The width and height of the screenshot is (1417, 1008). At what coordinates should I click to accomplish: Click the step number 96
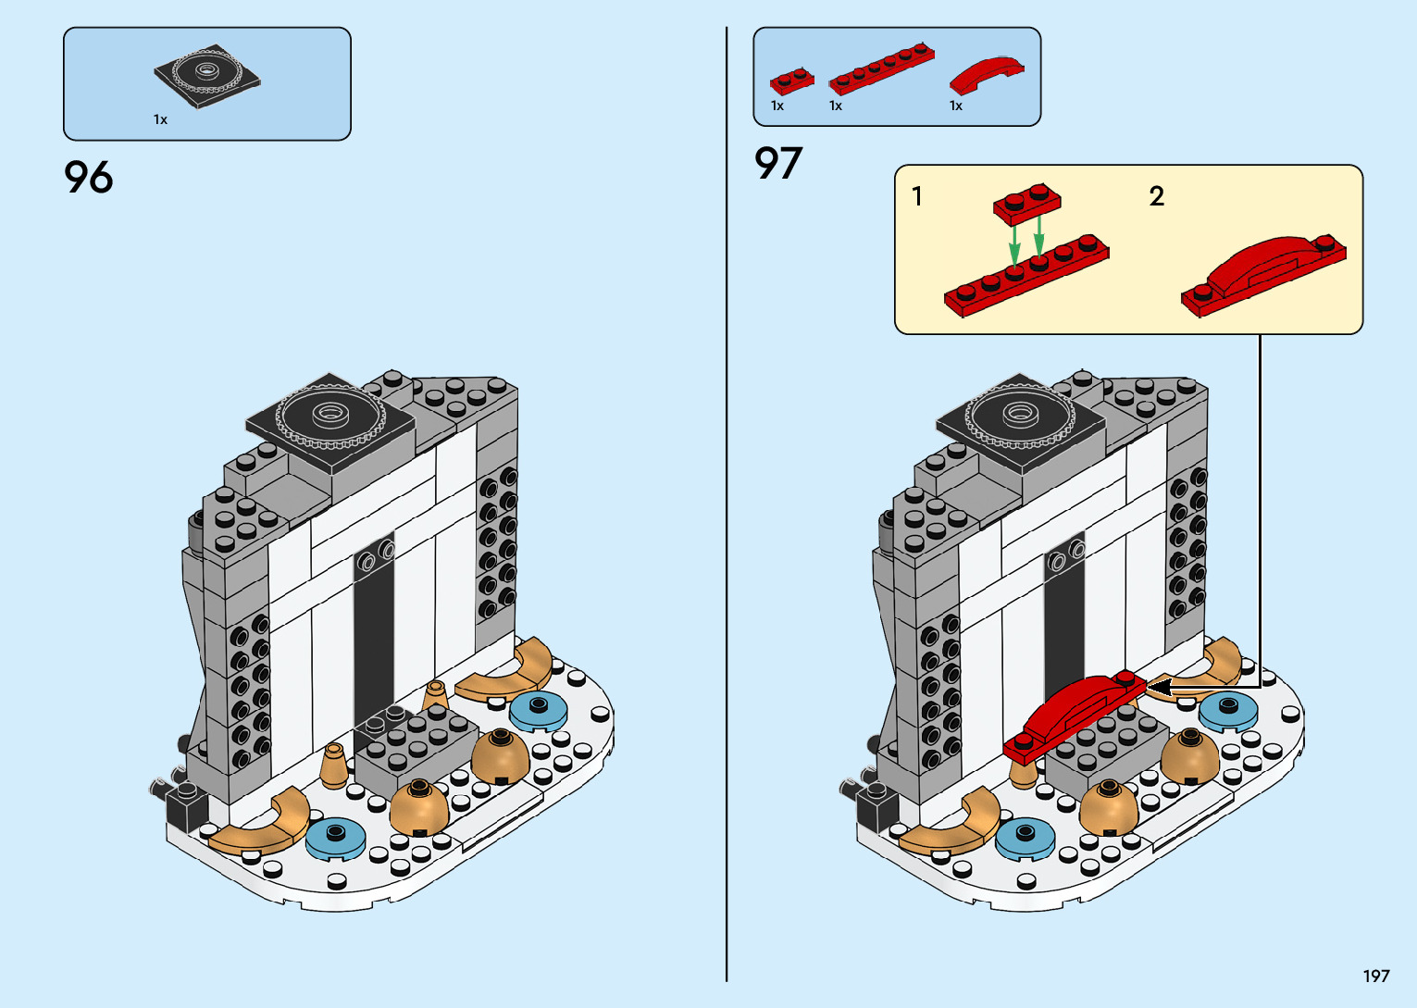click(89, 177)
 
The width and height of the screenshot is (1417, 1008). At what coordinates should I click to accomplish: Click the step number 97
click(778, 164)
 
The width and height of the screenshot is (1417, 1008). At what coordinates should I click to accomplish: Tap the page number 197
click(1375, 976)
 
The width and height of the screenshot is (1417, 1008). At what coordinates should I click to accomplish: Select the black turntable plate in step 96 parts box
click(206, 76)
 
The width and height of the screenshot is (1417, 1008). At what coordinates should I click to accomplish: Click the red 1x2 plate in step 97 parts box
click(791, 81)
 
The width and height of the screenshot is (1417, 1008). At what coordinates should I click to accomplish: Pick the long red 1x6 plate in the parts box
click(881, 68)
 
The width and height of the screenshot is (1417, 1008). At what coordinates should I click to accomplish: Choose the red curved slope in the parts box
click(987, 74)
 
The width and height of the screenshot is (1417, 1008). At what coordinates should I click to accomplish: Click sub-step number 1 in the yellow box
click(916, 196)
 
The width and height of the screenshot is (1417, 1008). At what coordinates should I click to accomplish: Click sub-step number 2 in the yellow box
click(1156, 196)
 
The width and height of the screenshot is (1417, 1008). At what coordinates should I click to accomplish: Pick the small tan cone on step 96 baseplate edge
click(334, 765)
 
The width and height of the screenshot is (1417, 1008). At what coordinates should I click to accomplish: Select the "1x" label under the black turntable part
click(160, 119)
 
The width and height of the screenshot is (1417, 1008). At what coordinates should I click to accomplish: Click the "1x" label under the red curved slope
click(956, 106)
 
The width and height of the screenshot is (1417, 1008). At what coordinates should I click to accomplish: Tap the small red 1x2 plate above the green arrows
click(1027, 205)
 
